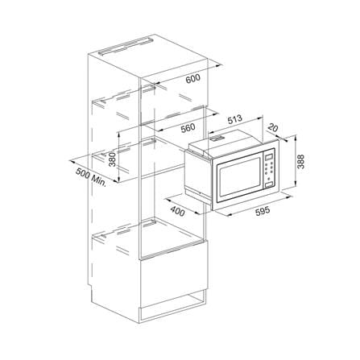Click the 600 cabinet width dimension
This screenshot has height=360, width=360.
(x=193, y=79)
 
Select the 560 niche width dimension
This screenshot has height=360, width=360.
(x=188, y=128)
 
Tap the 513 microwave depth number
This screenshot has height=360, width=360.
(x=234, y=119)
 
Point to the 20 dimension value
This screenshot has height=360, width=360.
(x=272, y=128)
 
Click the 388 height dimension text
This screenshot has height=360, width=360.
(x=301, y=161)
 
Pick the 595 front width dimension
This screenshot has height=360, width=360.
(x=262, y=211)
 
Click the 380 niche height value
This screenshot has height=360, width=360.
(x=112, y=159)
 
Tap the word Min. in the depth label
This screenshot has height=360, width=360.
(x=98, y=180)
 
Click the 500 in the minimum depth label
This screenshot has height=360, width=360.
(x=82, y=173)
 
